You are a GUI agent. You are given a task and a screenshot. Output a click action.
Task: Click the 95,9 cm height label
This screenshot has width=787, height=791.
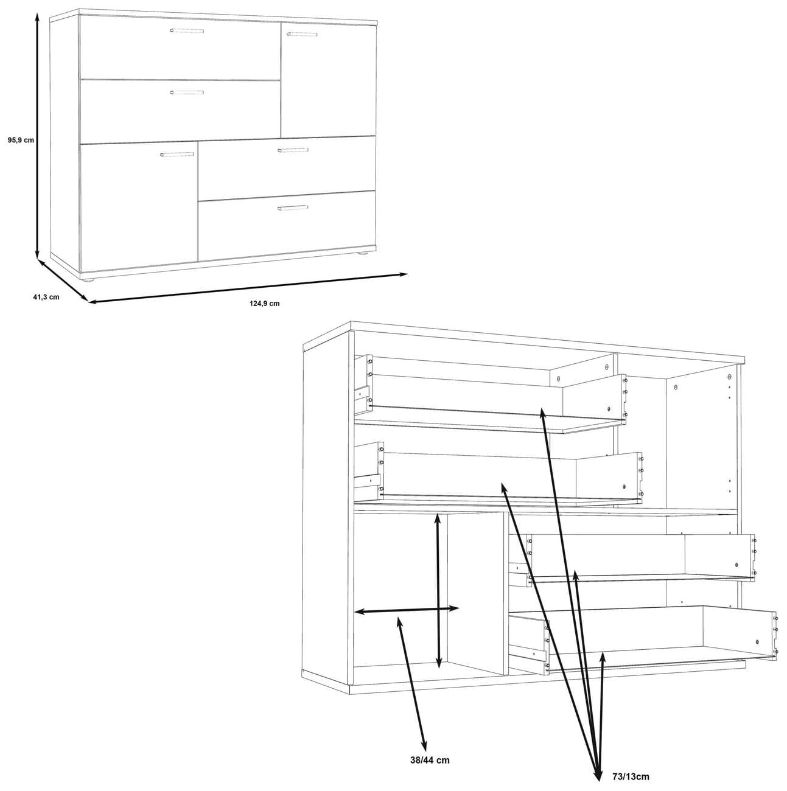tap(21, 140)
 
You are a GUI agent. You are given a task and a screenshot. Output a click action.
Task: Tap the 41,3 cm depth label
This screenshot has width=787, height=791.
tap(46, 297)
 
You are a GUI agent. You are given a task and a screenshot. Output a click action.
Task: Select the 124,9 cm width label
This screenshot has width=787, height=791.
tap(265, 304)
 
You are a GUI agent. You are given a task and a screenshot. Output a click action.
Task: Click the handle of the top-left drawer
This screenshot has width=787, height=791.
tap(186, 30)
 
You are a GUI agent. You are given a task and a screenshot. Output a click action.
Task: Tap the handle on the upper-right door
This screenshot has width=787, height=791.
tap(302, 34)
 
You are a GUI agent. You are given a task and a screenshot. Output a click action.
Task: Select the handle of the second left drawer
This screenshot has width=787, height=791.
tap(187, 92)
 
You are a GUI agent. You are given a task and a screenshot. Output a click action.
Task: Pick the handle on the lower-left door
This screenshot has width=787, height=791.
tap(177, 155)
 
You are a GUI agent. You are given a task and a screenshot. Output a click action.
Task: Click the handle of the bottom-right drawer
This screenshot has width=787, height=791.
tap(292, 207)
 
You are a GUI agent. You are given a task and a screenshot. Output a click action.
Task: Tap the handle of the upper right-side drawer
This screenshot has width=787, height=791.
tap(292, 150)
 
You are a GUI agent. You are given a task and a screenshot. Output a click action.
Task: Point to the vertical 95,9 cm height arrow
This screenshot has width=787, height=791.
tap(37, 134)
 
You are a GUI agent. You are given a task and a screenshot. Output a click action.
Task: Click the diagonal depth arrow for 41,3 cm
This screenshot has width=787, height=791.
tap(62, 281)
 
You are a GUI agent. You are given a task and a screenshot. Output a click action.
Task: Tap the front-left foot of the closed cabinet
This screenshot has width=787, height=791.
tap(88, 281)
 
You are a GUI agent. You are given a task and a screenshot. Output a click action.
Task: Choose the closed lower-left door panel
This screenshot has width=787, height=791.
tap(139, 207)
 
